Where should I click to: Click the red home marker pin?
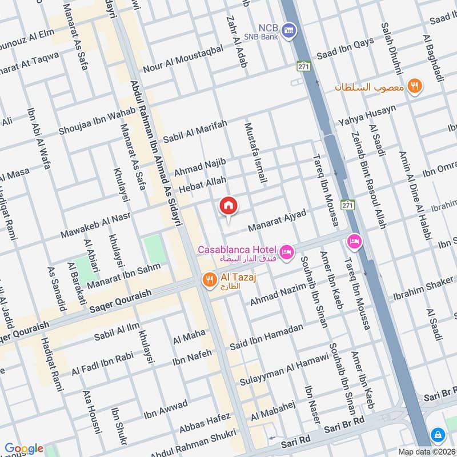point(228,206)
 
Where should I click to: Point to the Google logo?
point(24,448)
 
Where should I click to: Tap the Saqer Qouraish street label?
point(121,301)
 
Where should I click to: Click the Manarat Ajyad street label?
point(277,221)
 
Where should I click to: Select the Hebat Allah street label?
point(203,185)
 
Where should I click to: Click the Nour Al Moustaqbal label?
point(183,59)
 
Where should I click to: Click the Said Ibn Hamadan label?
point(266,337)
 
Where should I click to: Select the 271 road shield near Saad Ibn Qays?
point(303,67)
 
